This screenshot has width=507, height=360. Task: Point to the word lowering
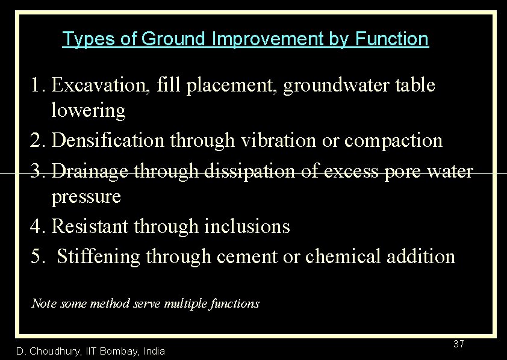coord(89,111)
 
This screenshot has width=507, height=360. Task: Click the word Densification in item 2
coord(108,140)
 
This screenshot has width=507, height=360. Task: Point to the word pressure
coord(86,197)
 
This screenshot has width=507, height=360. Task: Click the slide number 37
coord(458,344)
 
